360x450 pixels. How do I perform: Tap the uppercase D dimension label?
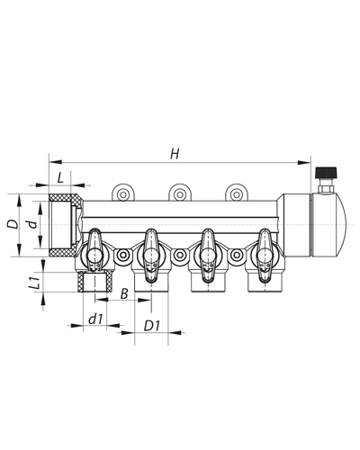[12, 221]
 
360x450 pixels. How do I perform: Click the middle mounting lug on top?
[180, 193]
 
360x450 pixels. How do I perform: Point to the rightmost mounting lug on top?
[235, 193]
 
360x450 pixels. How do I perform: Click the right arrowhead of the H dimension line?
[306, 163]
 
